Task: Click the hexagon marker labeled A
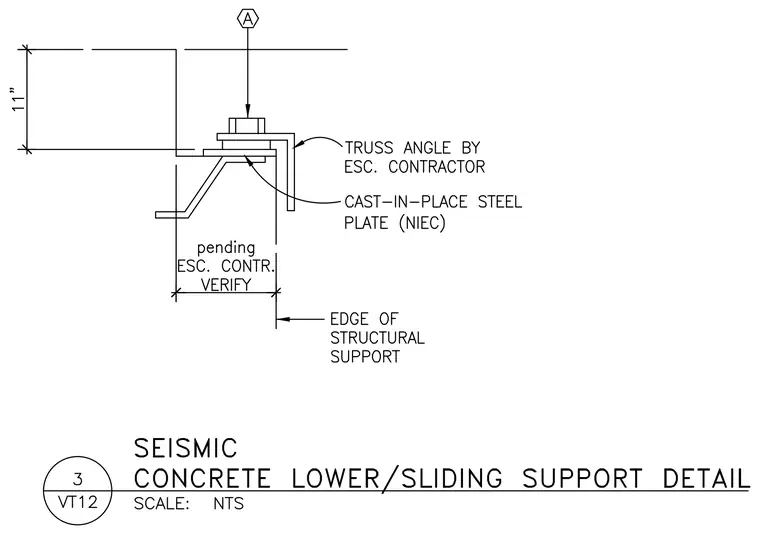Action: point(248,19)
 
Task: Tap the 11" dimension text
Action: point(18,99)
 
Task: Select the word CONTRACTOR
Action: point(436,167)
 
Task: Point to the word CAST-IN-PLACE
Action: point(406,202)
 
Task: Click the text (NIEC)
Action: point(422,223)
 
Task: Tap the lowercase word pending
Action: point(226,248)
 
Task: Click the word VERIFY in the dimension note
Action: point(226,284)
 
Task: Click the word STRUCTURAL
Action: point(377,338)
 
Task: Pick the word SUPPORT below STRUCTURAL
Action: point(365,357)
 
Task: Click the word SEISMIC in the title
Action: point(185,448)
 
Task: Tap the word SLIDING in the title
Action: point(452,478)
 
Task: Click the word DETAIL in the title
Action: point(706,478)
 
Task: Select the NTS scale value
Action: point(228,504)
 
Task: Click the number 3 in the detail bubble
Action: point(78,479)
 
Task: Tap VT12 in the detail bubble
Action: point(78,502)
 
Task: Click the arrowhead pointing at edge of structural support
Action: point(283,319)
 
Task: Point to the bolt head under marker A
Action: point(247,126)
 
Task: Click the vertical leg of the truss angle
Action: point(290,174)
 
